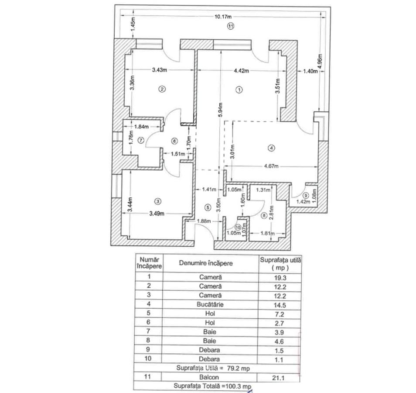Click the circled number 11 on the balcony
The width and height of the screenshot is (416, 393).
tap(231, 26)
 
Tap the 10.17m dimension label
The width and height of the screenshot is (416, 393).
tap(223, 17)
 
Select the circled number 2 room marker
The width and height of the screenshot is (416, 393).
tap(162, 89)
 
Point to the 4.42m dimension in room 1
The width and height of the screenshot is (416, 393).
tap(241, 71)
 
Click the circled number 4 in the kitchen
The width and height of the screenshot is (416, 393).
tap(271, 148)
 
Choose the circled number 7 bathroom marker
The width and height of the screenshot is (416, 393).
tap(141, 140)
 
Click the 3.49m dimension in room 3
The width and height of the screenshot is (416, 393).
tap(157, 214)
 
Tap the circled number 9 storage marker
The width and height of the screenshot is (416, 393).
tap(306, 196)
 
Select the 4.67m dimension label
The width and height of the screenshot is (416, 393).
tap(271, 166)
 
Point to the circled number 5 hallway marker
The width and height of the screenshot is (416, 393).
tap(208, 207)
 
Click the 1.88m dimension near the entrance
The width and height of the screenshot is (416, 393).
tap(204, 221)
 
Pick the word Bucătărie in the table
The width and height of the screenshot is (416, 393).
tap(210, 304)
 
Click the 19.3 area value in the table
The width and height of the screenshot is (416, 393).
tap(280, 278)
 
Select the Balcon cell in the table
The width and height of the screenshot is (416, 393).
tap(209, 377)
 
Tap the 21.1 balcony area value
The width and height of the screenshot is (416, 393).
tap(279, 378)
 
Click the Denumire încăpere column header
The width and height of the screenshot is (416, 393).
tap(206, 263)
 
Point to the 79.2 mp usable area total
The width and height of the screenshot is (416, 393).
tap(238, 368)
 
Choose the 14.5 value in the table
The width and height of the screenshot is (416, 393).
tap(280, 305)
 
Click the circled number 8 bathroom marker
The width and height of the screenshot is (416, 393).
tap(264, 216)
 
